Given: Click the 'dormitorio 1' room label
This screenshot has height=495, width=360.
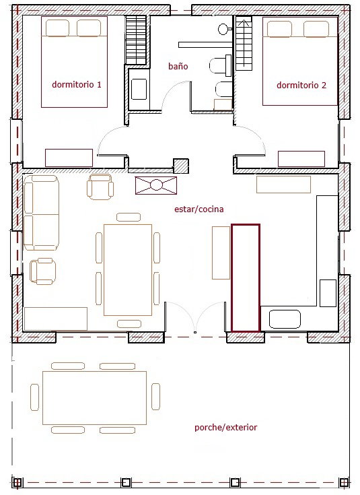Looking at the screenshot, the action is pyautogui.click(x=77, y=85).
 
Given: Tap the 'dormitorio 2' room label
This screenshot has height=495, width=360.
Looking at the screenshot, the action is pyautogui.click(x=301, y=86).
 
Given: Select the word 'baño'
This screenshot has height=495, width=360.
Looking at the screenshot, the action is pyautogui.click(x=178, y=66).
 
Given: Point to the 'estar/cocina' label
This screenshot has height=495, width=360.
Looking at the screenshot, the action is pyautogui.click(x=199, y=209).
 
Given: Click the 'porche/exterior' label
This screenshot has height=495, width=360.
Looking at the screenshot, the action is pyautogui.click(x=225, y=428).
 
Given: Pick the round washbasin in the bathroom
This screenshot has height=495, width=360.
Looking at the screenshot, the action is pyautogui.click(x=223, y=29).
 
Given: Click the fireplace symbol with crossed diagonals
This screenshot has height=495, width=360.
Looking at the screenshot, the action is pyautogui.click(x=156, y=185).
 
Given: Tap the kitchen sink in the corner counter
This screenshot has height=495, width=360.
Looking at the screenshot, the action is pyautogui.click(x=285, y=319).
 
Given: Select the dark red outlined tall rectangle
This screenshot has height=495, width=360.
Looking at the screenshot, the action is pyautogui.click(x=246, y=278).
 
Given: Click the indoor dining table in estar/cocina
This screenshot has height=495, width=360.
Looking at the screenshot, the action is pyautogui.click(x=128, y=270).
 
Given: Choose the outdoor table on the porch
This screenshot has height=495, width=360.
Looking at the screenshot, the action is pyautogui.click(x=94, y=398).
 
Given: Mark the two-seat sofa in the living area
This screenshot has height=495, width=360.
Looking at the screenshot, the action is pyautogui.click(x=41, y=213).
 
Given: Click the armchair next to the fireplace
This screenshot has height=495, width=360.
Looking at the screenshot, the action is pyautogui.click(x=100, y=187).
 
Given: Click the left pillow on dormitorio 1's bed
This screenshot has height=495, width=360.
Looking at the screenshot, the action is pyautogui.click(x=57, y=28).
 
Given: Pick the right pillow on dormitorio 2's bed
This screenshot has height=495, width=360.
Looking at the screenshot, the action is pyautogui.click(x=316, y=29).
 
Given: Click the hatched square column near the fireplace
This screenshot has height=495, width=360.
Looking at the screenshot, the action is pyautogui.click(x=181, y=166).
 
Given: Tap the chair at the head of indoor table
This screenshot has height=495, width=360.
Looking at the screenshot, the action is pyautogui.click(x=129, y=217).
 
